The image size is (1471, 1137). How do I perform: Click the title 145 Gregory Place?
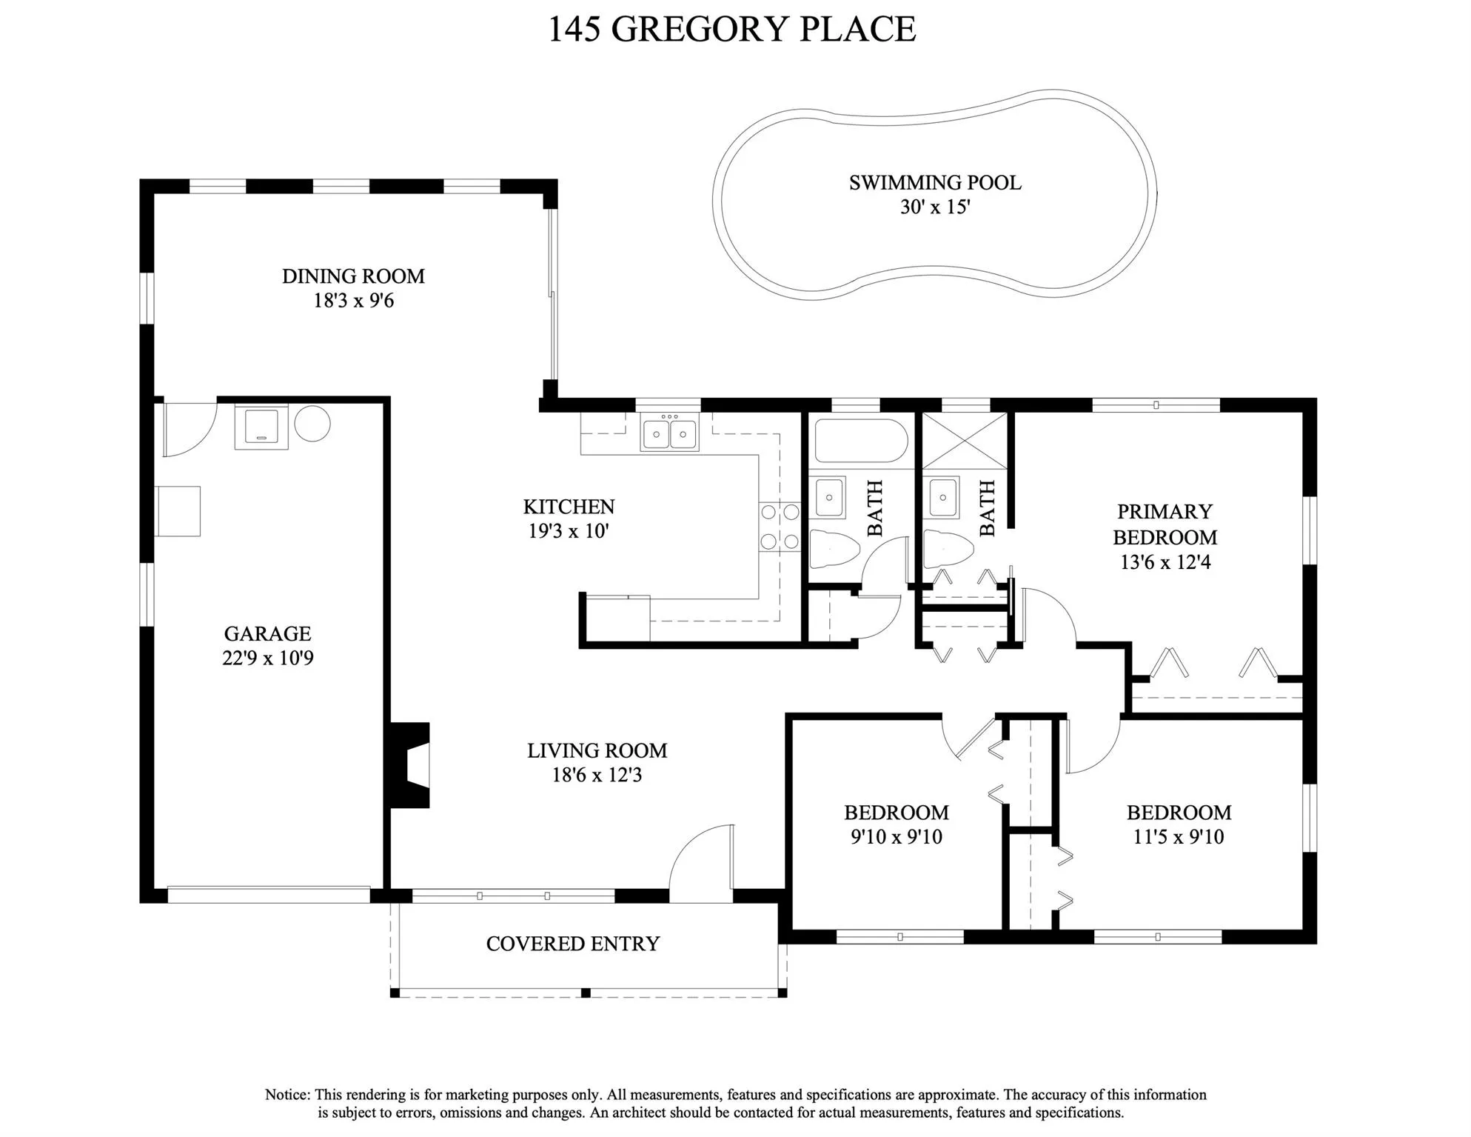(x=731, y=29)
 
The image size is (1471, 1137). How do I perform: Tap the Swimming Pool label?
(x=935, y=183)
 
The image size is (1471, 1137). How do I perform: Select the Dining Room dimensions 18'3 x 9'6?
(x=354, y=301)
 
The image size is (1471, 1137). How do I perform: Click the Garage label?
(x=267, y=634)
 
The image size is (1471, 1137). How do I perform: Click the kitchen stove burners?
(x=780, y=527)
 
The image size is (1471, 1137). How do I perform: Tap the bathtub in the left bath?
(x=861, y=441)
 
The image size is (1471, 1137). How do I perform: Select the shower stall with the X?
(x=965, y=440)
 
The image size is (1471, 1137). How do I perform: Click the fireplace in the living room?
(x=409, y=765)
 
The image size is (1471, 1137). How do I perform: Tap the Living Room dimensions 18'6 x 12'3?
(x=597, y=776)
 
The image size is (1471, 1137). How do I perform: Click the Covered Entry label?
(x=572, y=944)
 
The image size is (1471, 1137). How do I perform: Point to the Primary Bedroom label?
(x=1165, y=524)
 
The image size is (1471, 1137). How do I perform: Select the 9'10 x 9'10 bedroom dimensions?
(x=897, y=837)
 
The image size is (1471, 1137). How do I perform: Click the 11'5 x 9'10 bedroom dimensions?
(x=1179, y=837)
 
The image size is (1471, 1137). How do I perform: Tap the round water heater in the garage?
(x=312, y=424)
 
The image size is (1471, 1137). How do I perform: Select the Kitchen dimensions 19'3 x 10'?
(x=568, y=531)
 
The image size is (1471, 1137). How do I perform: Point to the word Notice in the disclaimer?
(x=287, y=1095)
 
